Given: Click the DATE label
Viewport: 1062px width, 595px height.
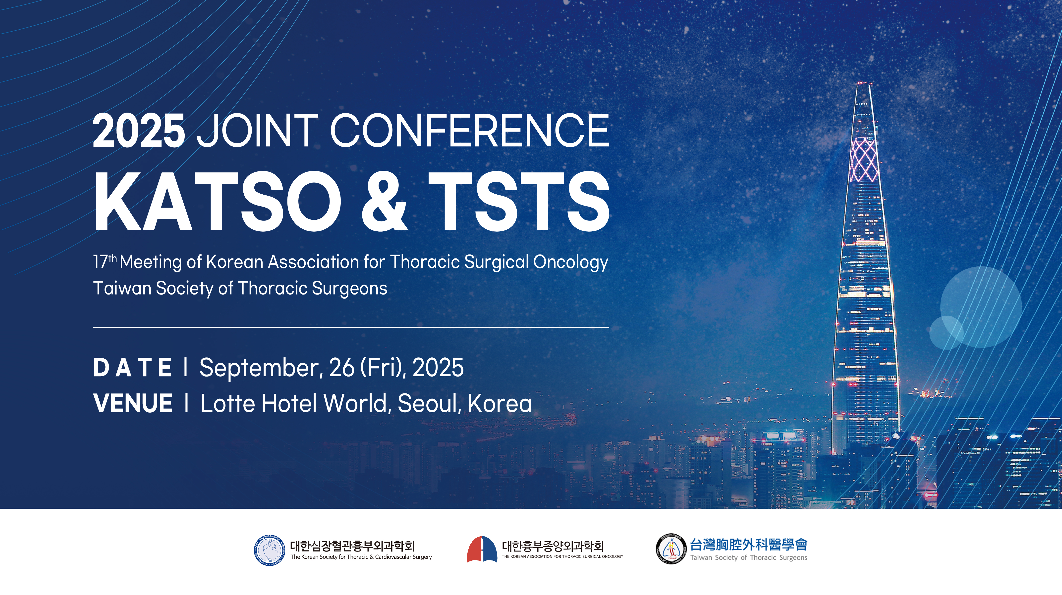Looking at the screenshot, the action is coord(132,368).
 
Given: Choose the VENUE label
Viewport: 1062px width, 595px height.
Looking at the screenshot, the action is coord(133,403).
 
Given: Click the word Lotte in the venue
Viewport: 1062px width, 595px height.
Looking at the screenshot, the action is coord(227,403).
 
